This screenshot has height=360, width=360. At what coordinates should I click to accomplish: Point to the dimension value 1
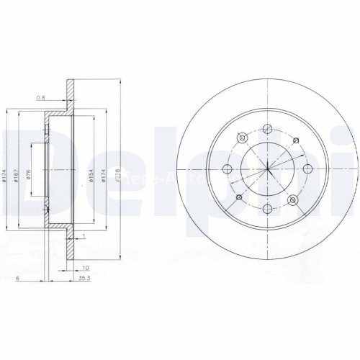(x=84, y=236)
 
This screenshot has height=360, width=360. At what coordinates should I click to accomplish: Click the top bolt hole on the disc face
(x=267, y=130)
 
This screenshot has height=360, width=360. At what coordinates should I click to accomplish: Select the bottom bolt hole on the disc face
(x=267, y=209)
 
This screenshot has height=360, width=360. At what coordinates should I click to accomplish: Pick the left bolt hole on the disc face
(x=228, y=169)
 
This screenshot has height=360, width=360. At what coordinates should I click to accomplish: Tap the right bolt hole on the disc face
(x=307, y=169)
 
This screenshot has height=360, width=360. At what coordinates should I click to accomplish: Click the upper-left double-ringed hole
(x=243, y=137)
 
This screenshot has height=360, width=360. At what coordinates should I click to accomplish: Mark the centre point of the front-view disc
(x=267, y=169)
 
